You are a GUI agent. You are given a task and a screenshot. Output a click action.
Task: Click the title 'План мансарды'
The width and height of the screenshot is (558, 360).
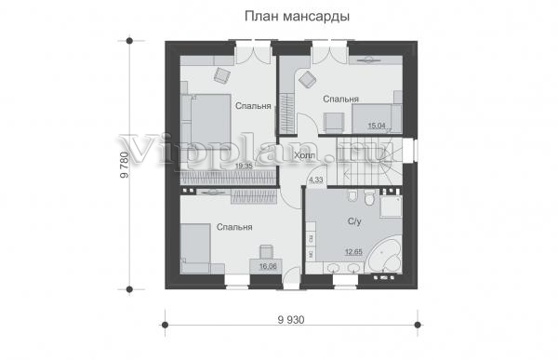tap(297, 17)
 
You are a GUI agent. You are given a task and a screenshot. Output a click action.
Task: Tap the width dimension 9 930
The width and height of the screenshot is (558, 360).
tap(291, 320)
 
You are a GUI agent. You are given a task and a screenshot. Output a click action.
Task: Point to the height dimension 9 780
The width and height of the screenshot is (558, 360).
tap(125, 165)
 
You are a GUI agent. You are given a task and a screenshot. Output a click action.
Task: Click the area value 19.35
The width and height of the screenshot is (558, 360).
tap(244, 166)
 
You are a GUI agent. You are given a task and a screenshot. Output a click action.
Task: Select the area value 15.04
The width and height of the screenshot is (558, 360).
tap(377, 126)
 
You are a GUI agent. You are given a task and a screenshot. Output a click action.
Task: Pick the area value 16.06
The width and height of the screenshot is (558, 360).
tap(268, 266)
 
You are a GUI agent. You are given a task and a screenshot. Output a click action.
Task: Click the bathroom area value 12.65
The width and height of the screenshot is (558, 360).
tap(353, 252)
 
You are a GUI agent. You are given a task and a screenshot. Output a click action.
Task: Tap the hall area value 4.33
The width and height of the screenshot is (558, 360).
tap(315, 180)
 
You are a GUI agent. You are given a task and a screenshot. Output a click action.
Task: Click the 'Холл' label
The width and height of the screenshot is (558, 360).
tap(305, 155)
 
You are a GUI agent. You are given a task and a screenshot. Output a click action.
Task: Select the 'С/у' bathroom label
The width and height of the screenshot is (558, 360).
tap(354, 221)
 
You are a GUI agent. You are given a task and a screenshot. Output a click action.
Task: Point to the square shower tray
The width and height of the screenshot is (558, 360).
tap(391, 207)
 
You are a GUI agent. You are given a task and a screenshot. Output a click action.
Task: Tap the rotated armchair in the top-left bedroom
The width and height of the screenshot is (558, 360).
tap(222, 75)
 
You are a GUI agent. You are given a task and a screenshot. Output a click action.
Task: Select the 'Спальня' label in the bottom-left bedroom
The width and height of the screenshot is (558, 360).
tap(234, 227)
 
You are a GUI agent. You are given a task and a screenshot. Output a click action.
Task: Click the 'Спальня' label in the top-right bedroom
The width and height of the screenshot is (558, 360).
tap(340, 99)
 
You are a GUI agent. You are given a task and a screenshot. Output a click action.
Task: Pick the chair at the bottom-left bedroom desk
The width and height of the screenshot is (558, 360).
tap(266, 252)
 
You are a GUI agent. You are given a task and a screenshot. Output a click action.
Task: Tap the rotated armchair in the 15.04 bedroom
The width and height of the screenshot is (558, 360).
tap(307, 79)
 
